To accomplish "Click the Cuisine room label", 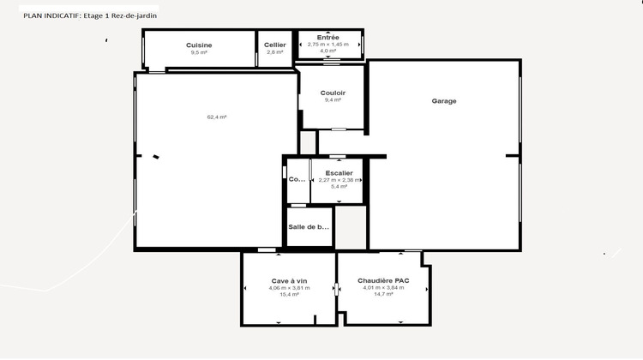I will (x=199, y=45).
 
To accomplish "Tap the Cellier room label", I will (x=275, y=45).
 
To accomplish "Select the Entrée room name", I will (x=328, y=37).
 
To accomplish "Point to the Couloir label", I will (x=333, y=93).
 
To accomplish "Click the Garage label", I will (x=444, y=101).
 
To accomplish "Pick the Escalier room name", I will (x=340, y=173).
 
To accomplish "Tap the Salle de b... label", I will (x=309, y=227).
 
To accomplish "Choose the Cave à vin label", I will (x=289, y=281).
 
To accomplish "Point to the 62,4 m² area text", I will (x=217, y=117).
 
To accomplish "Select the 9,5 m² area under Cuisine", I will (x=199, y=52).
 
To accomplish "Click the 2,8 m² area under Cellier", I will (x=275, y=52).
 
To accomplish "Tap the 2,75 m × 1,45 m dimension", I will (x=328, y=44).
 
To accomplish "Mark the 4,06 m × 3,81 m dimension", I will (x=289, y=288).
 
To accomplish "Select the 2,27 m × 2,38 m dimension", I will (x=340, y=180).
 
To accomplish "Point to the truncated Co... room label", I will (x=297, y=179).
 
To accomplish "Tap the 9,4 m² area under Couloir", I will (x=333, y=100).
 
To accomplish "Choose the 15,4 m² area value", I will (x=289, y=294).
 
